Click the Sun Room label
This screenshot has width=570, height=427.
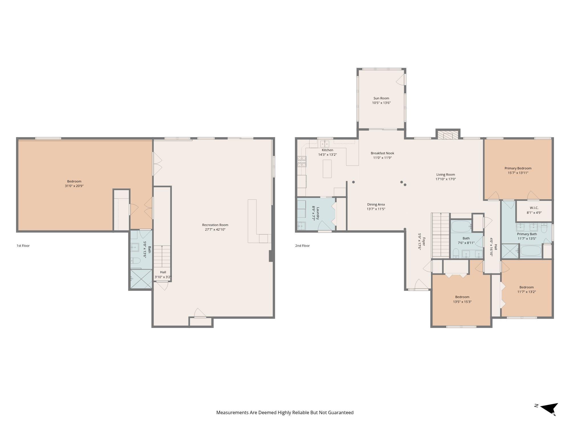pos(381,98)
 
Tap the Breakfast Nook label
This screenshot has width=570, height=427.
pos(382,153)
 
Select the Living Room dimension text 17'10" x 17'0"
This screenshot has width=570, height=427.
pos(445,179)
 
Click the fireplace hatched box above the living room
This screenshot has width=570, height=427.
pos(447,135)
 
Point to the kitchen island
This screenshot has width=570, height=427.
pos(327,169)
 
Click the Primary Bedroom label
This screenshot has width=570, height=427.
pos(518,168)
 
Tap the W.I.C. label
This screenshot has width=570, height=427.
pos(534,208)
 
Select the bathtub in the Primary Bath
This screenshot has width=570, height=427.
pos(531,251)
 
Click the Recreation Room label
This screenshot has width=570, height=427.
pos(215,225)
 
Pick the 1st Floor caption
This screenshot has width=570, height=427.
pos(23,246)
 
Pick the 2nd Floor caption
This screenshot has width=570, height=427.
pos(302,246)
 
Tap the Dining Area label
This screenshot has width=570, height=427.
pos(376,204)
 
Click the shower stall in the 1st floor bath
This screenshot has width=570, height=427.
pos(141,279)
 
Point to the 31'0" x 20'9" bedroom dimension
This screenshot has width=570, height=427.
pos(74,186)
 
